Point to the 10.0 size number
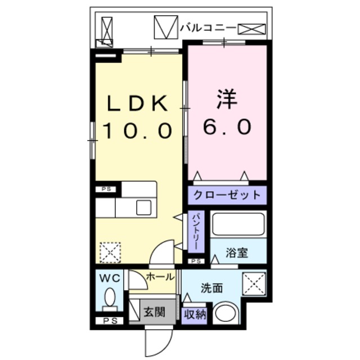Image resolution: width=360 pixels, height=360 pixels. [x=137, y=130]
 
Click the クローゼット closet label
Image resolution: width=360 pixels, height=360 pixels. [x=227, y=195]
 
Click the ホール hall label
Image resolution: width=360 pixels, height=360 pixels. [x=160, y=276]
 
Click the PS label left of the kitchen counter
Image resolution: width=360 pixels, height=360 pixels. [x=106, y=190]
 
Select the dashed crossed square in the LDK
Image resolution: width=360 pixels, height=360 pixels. [x=110, y=251]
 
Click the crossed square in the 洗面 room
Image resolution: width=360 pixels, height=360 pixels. [x=254, y=282]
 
